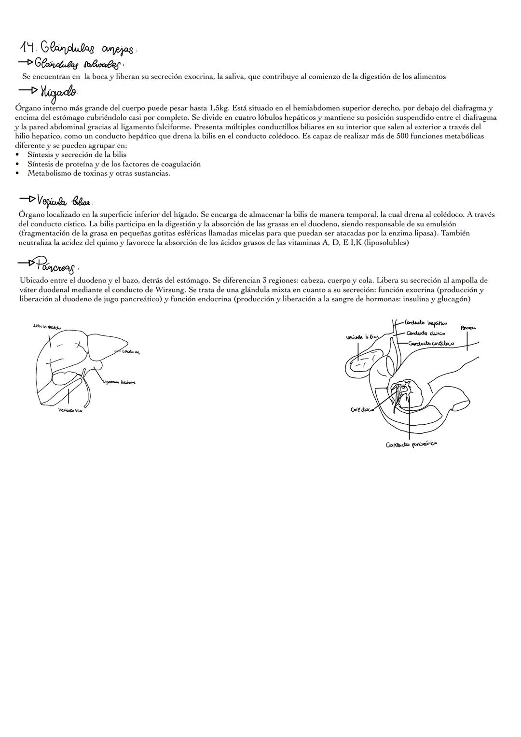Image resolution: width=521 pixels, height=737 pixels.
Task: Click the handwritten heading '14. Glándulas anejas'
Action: tap(77, 48)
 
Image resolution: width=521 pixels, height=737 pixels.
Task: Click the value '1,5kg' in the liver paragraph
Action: tap(219, 108)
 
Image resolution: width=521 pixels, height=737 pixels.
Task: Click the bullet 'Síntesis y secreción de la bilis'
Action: tap(77, 154)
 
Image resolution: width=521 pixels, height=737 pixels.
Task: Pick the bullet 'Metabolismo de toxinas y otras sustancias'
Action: tap(98, 173)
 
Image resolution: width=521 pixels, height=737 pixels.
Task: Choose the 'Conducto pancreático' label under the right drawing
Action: tap(411, 444)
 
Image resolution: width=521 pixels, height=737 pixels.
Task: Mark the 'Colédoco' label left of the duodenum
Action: tap(362, 410)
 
